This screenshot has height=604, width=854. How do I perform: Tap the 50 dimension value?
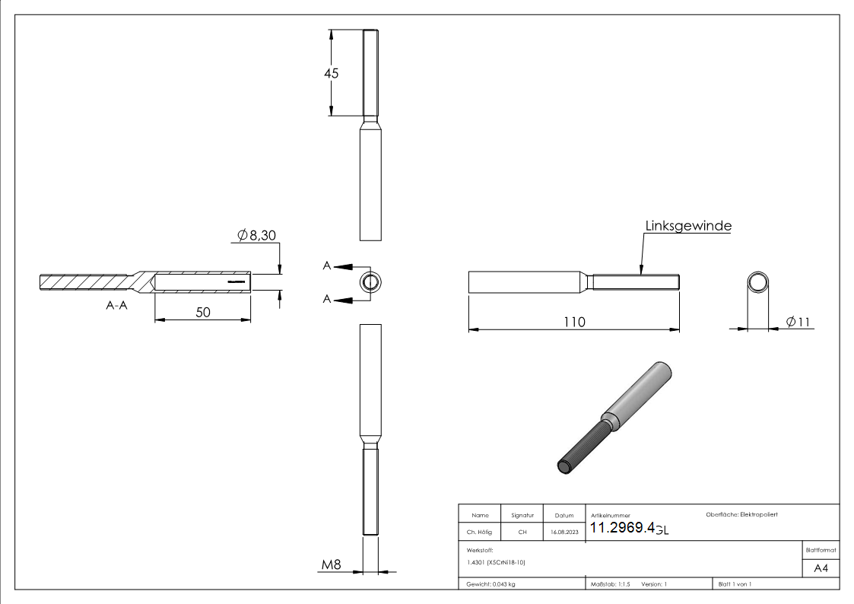(202, 312)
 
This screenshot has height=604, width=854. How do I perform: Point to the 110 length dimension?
(574, 322)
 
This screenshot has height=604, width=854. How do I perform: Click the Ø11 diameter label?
(798, 322)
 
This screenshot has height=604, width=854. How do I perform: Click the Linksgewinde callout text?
(688, 226)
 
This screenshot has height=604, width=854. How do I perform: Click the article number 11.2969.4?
(622, 529)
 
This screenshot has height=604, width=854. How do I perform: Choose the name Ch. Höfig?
(479, 532)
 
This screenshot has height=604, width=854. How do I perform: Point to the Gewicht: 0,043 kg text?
(491, 584)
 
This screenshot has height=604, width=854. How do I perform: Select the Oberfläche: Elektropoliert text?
(741, 515)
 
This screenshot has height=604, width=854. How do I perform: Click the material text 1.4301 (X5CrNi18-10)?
(496, 562)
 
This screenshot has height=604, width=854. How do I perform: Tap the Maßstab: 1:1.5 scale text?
(611, 584)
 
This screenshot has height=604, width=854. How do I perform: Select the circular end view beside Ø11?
(757, 282)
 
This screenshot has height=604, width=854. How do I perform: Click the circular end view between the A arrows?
(371, 282)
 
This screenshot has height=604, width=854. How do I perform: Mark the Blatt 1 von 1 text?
(734, 584)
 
